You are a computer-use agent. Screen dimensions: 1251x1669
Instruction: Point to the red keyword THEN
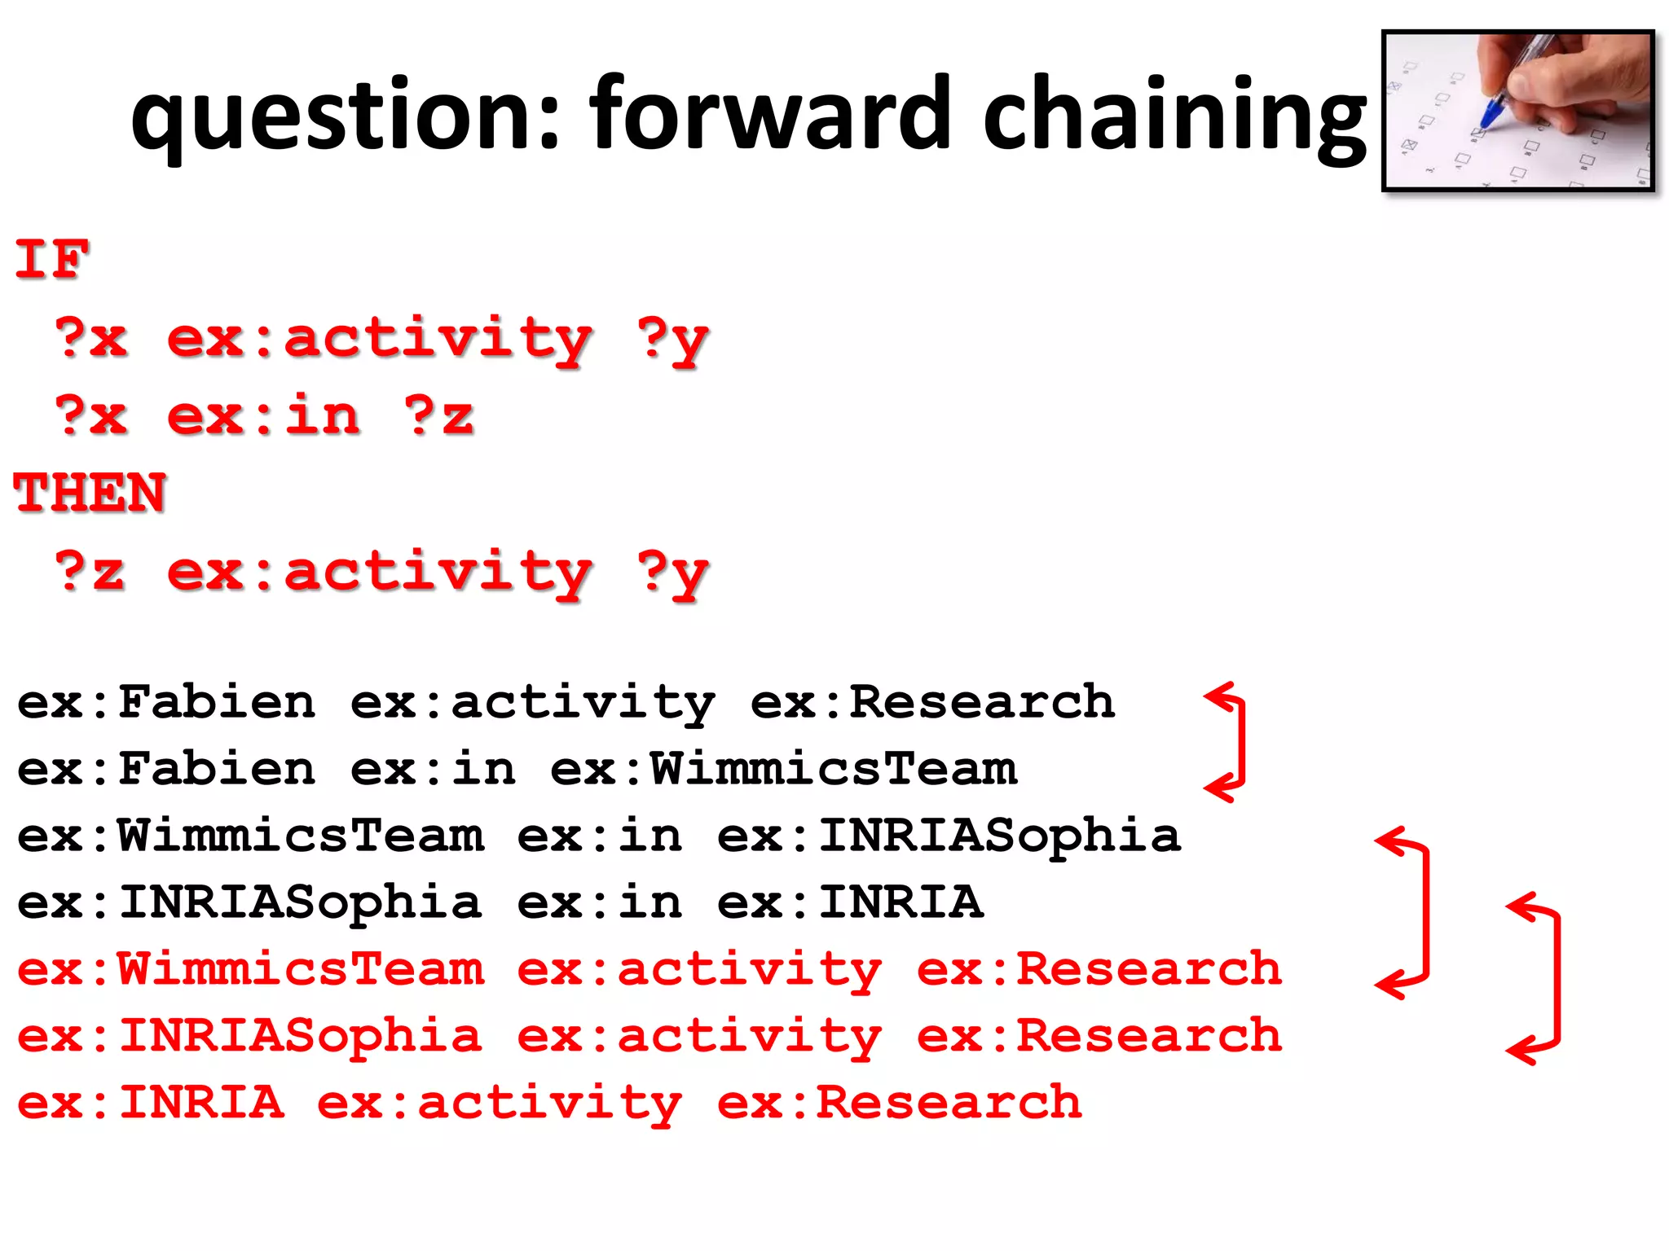click(90, 494)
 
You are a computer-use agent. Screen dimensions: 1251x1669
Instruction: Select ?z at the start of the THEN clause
click(90, 572)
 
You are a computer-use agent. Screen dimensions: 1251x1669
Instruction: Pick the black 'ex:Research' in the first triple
click(932, 702)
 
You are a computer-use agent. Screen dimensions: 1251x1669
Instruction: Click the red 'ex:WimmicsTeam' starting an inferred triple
click(251, 969)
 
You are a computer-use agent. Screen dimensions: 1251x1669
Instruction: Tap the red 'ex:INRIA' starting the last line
click(151, 1103)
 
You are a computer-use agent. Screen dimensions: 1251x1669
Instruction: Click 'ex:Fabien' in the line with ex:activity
click(166, 702)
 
